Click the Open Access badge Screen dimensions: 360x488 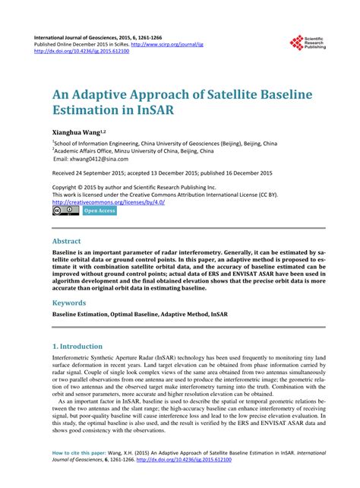(x=99, y=211)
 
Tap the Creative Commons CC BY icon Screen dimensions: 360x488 (x=66, y=211)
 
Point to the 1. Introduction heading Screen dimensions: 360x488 (x=87, y=345)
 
